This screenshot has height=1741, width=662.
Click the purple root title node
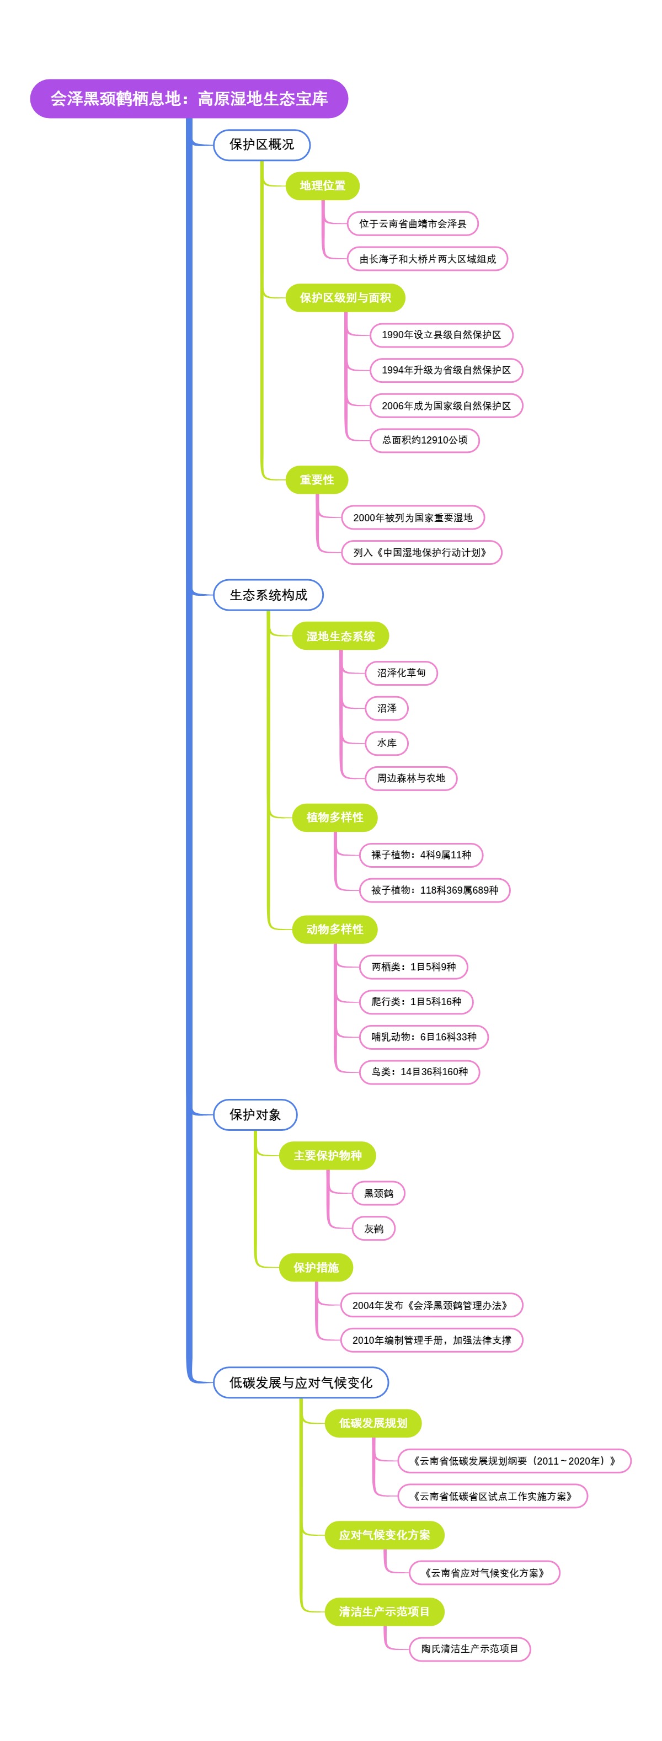click(x=189, y=99)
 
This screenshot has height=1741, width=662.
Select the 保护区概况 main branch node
click(x=261, y=145)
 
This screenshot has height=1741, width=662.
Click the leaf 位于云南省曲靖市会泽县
click(x=413, y=224)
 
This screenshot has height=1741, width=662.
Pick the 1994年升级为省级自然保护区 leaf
click(x=446, y=370)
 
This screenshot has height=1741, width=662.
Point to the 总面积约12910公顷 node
click(x=425, y=440)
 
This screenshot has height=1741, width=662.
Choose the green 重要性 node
click(x=317, y=480)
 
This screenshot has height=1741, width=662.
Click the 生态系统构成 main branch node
click(x=269, y=595)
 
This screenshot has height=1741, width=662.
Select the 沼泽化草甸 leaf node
click(x=401, y=673)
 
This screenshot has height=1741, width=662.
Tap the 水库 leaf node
click(x=387, y=743)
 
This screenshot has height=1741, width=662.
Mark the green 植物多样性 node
click(x=334, y=817)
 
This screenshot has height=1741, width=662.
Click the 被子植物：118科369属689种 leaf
click(x=434, y=890)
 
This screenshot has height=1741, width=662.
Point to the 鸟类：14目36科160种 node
click(x=419, y=1072)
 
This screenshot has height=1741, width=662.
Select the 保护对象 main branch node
click(x=255, y=1115)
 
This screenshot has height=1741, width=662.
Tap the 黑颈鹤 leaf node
click(x=378, y=1194)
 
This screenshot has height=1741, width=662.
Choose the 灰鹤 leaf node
click(x=373, y=1229)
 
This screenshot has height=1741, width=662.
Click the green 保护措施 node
click(x=316, y=1268)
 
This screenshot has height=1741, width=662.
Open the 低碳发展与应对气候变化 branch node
click(x=301, y=1383)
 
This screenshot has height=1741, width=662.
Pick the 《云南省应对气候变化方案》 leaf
click(x=484, y=1573)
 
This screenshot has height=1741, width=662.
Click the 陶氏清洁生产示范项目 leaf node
click(x=469, y=1649)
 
